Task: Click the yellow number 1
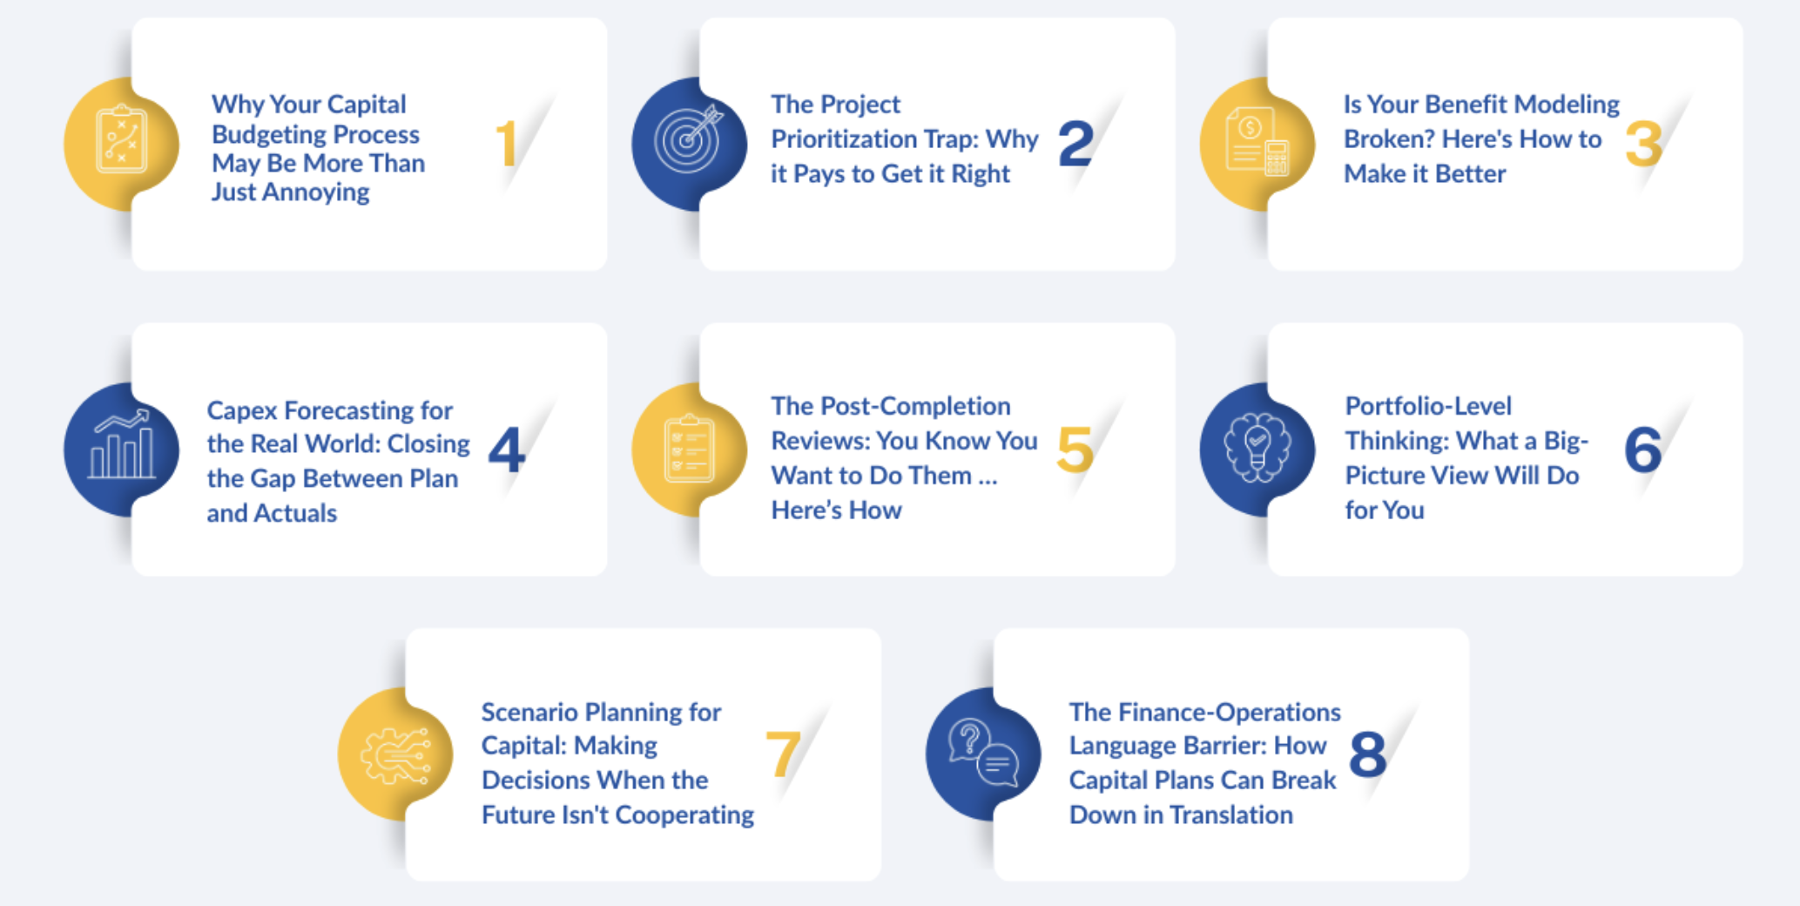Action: [507, 144]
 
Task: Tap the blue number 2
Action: [1076, 144]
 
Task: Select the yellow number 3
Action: [1644, 144]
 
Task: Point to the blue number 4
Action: [507, 450]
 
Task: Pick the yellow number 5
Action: [1075, 450]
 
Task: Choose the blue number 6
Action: [1643, 450]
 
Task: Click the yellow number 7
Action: [783, 754]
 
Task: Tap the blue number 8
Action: [1368, 754]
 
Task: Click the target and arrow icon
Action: [689, 139]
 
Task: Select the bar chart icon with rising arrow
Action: [122, 444]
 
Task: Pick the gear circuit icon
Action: [395, 754]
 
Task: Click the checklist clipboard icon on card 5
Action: [689, 449]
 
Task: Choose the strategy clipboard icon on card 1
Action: [121, 139]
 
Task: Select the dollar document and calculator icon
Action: [1257, 141]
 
